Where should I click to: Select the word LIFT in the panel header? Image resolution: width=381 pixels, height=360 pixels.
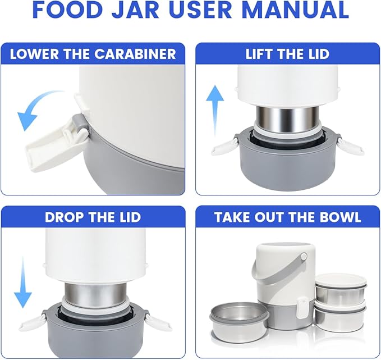(260, 54)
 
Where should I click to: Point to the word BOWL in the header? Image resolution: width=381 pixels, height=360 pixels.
(338, 217)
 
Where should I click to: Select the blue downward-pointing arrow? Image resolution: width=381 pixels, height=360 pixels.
(23, 281)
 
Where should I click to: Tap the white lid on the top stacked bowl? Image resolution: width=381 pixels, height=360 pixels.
(341, 279)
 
